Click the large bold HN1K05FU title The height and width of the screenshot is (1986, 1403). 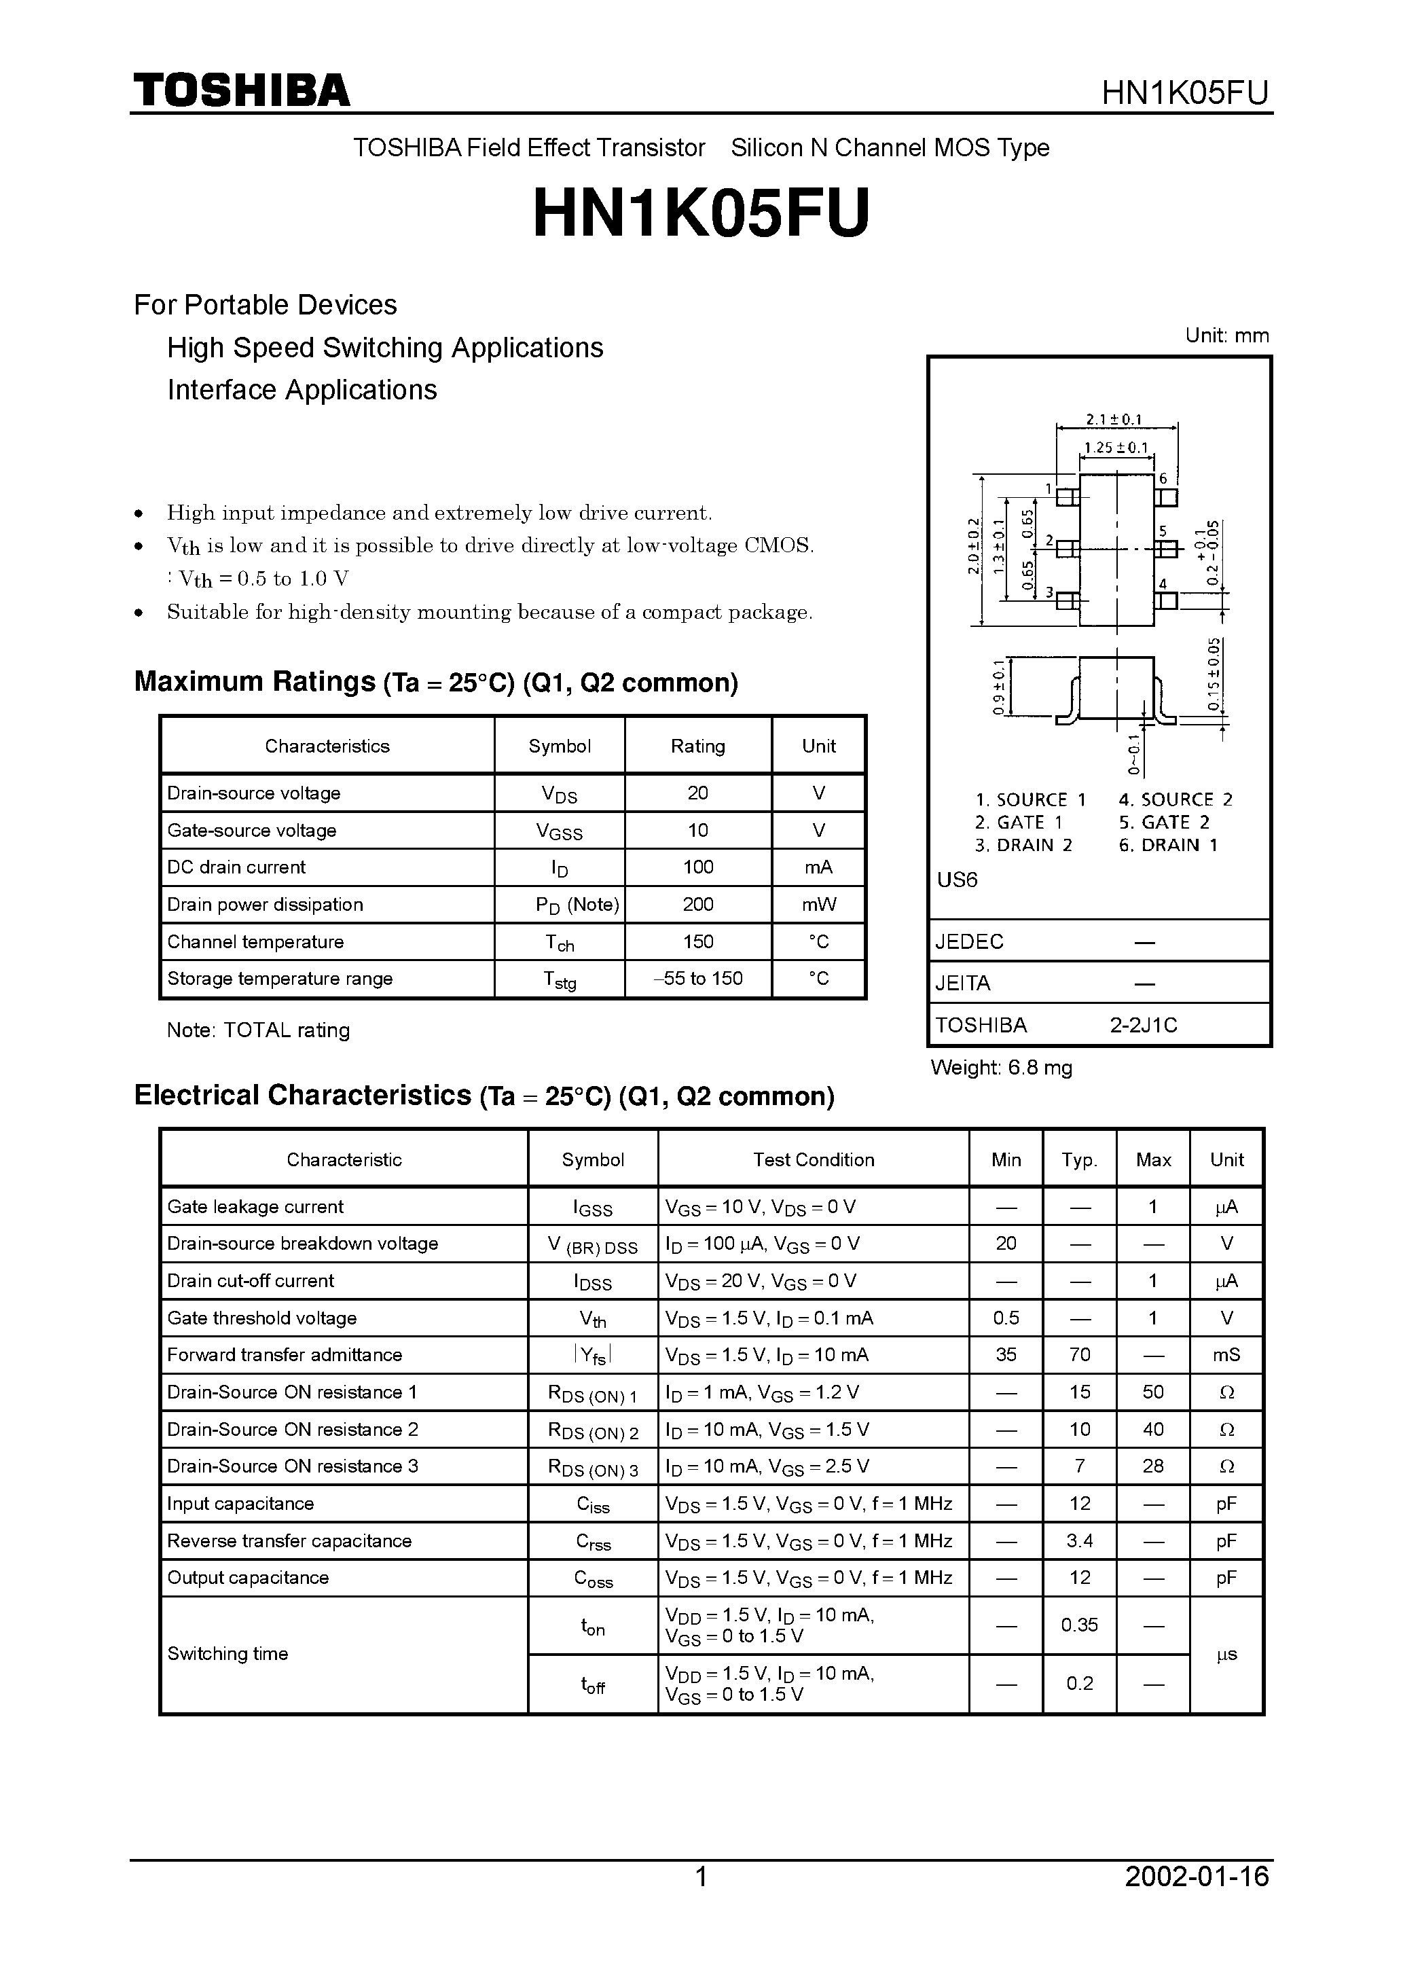coord(701,214)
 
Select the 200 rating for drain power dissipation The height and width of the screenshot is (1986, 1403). coord(697,905)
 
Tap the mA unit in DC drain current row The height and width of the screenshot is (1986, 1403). coord(818,867)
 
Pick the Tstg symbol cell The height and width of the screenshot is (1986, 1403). coord(559,979)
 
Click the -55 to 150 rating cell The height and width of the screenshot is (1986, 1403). coord(697,978)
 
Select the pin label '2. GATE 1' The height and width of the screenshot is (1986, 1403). coord(1018,823)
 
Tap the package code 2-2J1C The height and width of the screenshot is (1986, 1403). coord(1144,1025)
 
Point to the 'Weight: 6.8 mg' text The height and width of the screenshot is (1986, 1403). coord(1001,1068)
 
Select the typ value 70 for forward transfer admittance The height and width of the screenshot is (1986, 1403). coord(1080,1354)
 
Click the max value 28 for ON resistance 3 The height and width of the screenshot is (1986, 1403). coord(1153,1466)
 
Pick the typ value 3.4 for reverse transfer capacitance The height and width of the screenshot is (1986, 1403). coord(1080,1540)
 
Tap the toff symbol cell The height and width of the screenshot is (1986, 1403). coord(593,1684)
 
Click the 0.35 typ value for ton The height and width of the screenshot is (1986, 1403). coord(1080,1625)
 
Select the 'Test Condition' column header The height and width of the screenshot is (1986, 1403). coord(813,1160)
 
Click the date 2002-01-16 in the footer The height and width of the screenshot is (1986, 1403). coord(1197,1900)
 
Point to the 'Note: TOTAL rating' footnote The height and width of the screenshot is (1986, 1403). coord(258,1030)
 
